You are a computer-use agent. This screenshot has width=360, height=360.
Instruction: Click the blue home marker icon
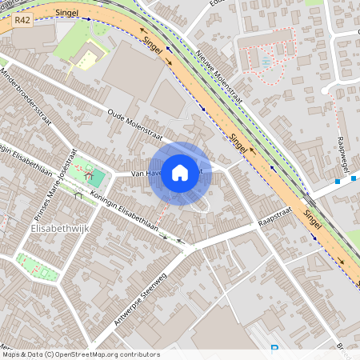point(180,173)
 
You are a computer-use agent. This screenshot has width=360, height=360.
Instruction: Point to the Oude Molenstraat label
point(135,123)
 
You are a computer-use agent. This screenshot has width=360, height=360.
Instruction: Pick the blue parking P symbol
point(274,348)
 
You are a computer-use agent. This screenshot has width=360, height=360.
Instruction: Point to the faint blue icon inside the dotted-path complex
point(266,61)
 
